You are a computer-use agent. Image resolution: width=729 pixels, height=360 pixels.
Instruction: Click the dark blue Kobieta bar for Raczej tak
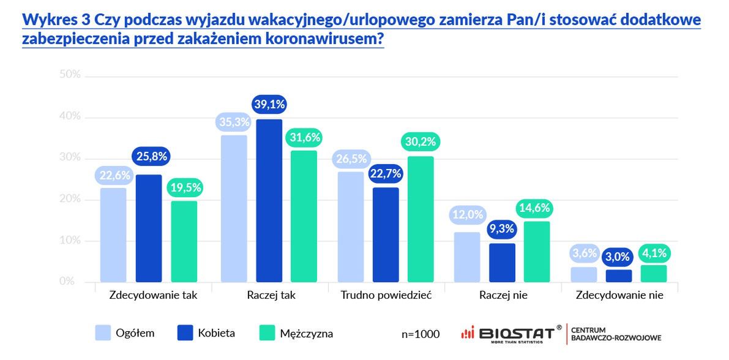point(269,200)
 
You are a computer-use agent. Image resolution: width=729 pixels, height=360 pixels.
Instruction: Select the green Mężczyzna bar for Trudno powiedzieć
point(420,219)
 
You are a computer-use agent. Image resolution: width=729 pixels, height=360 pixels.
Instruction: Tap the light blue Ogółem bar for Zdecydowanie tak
point(113,234)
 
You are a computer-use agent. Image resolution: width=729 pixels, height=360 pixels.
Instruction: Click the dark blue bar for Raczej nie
point(503,263)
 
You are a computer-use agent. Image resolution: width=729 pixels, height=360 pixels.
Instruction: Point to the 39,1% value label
point(269,105)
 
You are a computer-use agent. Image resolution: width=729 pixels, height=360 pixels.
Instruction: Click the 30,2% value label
point(420,142)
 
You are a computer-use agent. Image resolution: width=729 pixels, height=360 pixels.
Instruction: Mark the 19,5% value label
point(184,187)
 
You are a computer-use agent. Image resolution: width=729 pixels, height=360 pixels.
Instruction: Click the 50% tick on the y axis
point(70,75)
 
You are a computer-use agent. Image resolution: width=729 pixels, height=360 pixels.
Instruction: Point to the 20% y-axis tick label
point(70,199)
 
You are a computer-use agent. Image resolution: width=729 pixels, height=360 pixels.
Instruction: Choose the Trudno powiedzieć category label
point(386,295)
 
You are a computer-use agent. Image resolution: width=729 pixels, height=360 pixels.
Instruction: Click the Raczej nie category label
point(504,295)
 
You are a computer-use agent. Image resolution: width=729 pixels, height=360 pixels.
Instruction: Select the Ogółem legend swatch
point(104,333)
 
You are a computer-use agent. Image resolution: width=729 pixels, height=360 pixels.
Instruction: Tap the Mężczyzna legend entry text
point(306,334)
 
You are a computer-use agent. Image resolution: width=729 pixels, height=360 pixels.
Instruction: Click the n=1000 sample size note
point(421,334)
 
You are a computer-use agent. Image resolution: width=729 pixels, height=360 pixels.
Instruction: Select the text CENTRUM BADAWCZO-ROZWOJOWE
point(615,334)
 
